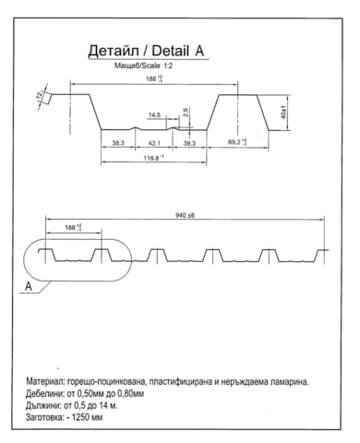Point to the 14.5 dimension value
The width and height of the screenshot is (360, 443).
[153, 115]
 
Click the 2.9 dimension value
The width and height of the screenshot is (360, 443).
[185, 113]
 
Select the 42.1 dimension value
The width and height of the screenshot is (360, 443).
[154, 144]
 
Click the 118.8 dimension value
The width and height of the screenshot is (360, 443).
[153, 159]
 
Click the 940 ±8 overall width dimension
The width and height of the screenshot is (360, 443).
[185, 215]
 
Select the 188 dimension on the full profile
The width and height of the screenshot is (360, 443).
[73, 227]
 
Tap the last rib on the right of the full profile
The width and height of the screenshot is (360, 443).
[322, 254]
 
